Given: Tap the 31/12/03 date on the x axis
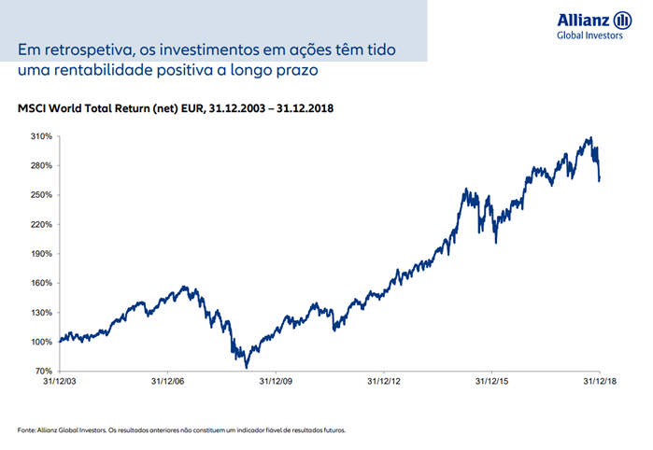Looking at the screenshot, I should (58, 382).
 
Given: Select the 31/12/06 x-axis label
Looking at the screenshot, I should (166, 382).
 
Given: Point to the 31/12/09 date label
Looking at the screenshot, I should (275, 382).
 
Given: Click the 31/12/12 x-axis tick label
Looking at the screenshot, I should (383, 382).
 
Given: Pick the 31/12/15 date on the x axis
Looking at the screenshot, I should (491, 382).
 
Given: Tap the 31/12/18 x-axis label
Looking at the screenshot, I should (599, 382).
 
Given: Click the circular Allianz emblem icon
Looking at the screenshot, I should (622, 21).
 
